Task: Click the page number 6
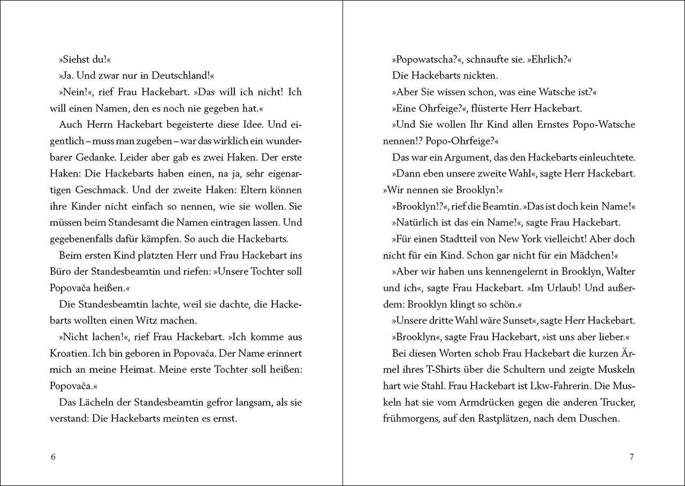tap(52, 457)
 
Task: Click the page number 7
tap(631, 457)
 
